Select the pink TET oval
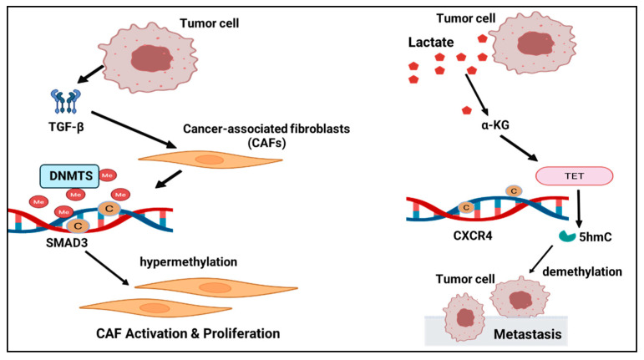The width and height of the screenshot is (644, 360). (574, 176)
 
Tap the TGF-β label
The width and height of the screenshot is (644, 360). (66, 127)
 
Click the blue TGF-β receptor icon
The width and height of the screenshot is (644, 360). (66, 101)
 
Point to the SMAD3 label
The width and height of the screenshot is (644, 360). (67, 242)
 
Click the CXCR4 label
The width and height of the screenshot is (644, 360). (472, 236)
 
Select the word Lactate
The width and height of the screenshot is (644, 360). (431, 43)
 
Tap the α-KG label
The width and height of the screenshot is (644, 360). (495, 124)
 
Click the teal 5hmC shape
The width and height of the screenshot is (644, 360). (567, 236)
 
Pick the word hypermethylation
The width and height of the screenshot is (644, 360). (189, 262)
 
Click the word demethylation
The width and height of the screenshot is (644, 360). (582, 271)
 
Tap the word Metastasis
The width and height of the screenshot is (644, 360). (527, 334)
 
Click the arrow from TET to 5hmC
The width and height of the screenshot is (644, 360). (579, 209)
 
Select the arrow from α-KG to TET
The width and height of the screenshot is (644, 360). (519, 148)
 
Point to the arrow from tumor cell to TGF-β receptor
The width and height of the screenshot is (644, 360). (90, 74)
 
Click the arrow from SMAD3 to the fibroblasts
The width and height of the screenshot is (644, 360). (107, 268)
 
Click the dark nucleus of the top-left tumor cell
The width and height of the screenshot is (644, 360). (151, 58)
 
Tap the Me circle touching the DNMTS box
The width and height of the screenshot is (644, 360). (107, 175)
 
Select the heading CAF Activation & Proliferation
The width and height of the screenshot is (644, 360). (188, 333)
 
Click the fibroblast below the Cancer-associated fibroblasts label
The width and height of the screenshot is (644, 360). (210, 160)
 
